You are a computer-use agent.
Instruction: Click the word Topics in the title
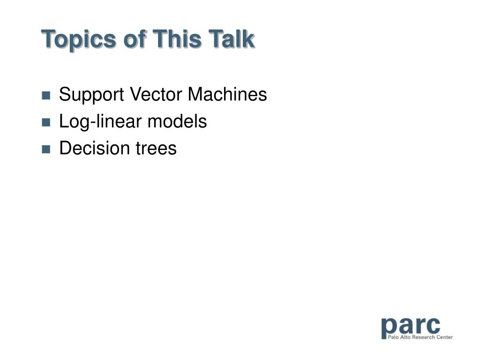[x=78, y=39]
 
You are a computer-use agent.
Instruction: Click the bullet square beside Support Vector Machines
[x=46, y=95]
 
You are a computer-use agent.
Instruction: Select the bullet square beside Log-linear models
[x=46, y=122]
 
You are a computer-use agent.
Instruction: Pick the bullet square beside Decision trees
[x=46, y=149]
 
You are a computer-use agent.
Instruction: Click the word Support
[x=91, y=95]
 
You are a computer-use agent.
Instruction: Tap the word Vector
[x=156, y=94]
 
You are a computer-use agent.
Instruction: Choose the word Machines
[x=227, y=94]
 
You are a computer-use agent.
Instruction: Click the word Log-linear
[x=100, y=122]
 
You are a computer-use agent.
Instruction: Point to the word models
[x=177, y=121]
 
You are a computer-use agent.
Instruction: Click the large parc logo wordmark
[x=411, y=327]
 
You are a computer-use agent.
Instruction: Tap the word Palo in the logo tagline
[x=393, y=337]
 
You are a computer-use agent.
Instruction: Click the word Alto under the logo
[x=405, y=337]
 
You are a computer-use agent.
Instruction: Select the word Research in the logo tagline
[x=423, y=337]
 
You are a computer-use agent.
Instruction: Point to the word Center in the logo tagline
[x=444, y=337]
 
